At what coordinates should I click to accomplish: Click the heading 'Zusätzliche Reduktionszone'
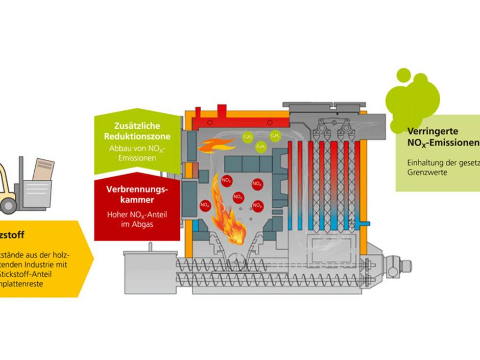[137, 131]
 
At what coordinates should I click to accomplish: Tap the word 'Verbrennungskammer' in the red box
[137, 194]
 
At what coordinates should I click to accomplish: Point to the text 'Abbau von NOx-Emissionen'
[137, 153]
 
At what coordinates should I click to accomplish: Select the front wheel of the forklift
[9, 205]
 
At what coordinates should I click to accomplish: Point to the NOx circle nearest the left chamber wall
[205, 205]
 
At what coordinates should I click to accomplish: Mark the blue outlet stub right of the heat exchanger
[364, 222]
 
